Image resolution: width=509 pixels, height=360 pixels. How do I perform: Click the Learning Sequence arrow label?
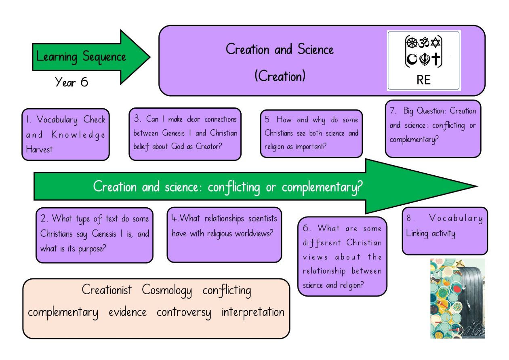point(81,57)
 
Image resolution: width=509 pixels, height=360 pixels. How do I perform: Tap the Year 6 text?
point(72,82)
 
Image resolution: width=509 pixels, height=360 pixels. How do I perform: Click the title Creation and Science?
point(280,49)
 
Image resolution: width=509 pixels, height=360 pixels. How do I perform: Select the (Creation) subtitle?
point(280,76)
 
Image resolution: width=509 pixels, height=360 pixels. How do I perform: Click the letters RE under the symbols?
point(423,80)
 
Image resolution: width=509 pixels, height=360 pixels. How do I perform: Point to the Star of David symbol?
point(435,42)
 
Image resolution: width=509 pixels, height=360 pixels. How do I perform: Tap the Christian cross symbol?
point(435,59)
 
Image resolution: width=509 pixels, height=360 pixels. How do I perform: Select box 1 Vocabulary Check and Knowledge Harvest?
point(66,135)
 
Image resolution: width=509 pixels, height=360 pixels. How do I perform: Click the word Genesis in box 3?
point(173,133)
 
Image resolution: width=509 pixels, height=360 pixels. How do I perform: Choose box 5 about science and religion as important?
point(311,134)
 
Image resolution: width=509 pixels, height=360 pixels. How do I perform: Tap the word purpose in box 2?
point(92,249)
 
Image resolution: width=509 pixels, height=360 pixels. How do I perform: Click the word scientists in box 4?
point(263,219)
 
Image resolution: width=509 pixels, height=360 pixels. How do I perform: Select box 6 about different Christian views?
point(342,256)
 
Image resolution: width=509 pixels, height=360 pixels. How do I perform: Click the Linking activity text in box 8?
point(431,234)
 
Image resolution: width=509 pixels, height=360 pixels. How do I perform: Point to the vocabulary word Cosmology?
point(167,291)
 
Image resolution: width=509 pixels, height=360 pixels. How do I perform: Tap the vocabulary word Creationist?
point(107,290)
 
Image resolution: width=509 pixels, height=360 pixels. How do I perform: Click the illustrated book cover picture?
point(457,298)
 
